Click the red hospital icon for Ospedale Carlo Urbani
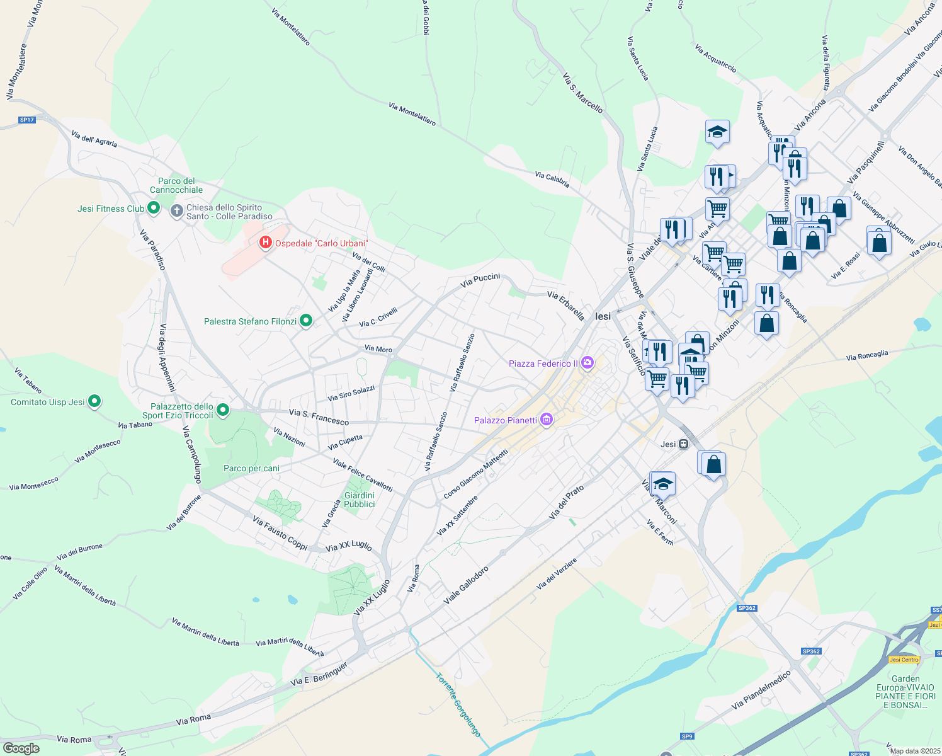tap(266, 243)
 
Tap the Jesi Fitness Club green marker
tap(153, 208)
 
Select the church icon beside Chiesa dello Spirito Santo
tap(177, 210)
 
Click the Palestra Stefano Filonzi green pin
tap(306, 321)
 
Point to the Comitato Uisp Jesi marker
tap(94, 401)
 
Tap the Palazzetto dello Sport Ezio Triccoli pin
tap(223, 410)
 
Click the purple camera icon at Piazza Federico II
tap(587, 362)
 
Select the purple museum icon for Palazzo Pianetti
tap(547, 420)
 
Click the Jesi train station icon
tap(683, 444)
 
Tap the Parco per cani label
tap(251, 468)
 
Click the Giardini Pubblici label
tap(360, 500)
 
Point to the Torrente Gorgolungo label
tap(459, 704)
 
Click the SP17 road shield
tap(27, 120)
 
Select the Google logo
tap(21, 748)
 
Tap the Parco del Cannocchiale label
tap(176, 185)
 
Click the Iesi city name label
tap(603, 316)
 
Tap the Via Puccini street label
tap(480, 280)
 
